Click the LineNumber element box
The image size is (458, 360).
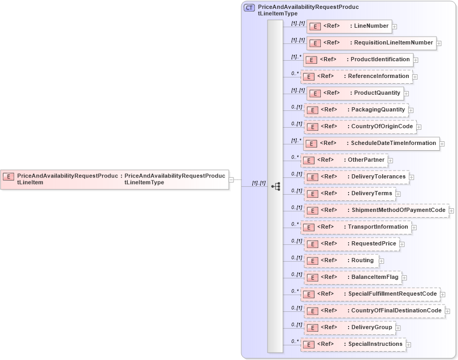[349, 26]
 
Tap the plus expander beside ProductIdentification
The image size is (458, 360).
[416, 60]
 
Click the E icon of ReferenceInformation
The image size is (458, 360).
[309, 77]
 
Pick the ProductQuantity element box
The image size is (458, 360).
[354, 93]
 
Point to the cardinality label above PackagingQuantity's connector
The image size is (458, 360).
[297, 107]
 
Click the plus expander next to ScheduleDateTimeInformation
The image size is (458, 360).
[442, 144]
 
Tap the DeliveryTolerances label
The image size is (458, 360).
[378, 177]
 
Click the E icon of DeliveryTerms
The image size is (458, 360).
[312, 194]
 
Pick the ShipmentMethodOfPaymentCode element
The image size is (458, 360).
[376, 210]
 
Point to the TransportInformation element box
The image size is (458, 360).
[356, 227]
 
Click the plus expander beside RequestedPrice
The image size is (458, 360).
[402, 244]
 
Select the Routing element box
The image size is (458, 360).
[341, 261]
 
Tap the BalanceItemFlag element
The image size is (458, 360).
[352, 277]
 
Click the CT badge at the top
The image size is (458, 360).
[250, 8]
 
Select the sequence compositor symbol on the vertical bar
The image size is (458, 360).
[276, 186]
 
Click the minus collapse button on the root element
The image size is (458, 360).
[231, 179]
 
